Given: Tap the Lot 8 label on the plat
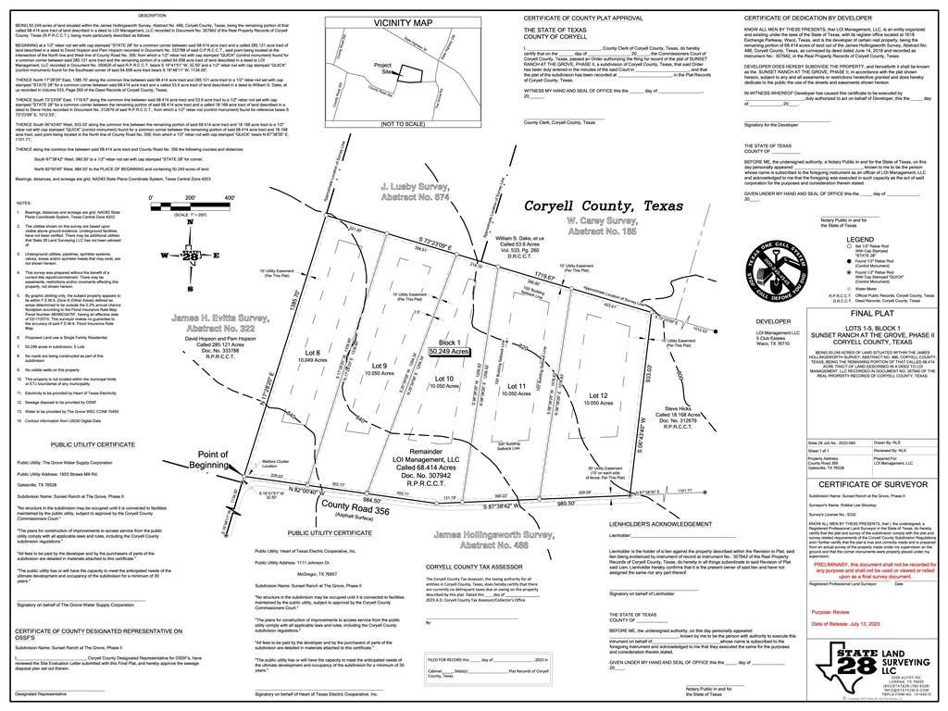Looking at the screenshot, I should [313, 354].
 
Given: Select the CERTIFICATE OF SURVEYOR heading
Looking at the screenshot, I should [873, 483].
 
